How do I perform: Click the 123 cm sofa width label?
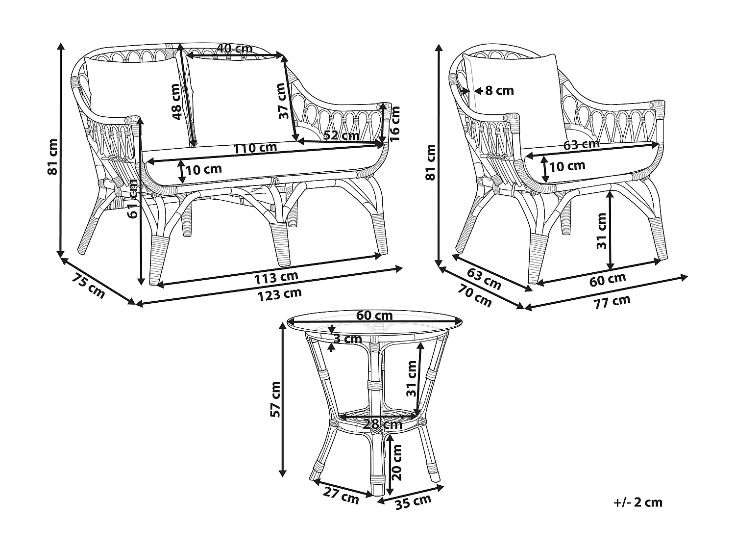coord(280,294)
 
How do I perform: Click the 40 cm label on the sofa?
coord(235,48)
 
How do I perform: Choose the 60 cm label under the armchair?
coord(608,279)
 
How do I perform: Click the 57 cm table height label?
coord(276,399)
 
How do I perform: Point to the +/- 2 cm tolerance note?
coord(637,502)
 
